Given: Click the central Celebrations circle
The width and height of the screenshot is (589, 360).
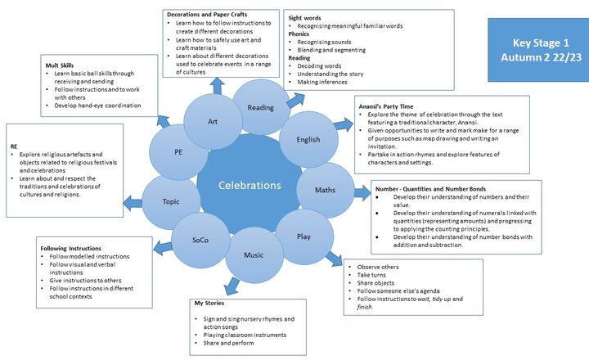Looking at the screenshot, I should coord(249,187).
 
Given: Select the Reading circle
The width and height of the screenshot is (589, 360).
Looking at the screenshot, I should coord(261,107).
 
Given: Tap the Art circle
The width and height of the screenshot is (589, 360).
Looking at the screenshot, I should coord(213,122).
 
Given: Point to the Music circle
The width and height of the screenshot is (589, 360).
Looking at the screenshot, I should coord(254,255).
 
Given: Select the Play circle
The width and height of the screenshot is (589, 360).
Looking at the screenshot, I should coord(303,237).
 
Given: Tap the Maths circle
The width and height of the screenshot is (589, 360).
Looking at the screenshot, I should coord(325,191).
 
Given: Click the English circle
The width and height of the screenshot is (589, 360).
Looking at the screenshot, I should coord(308,140).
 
